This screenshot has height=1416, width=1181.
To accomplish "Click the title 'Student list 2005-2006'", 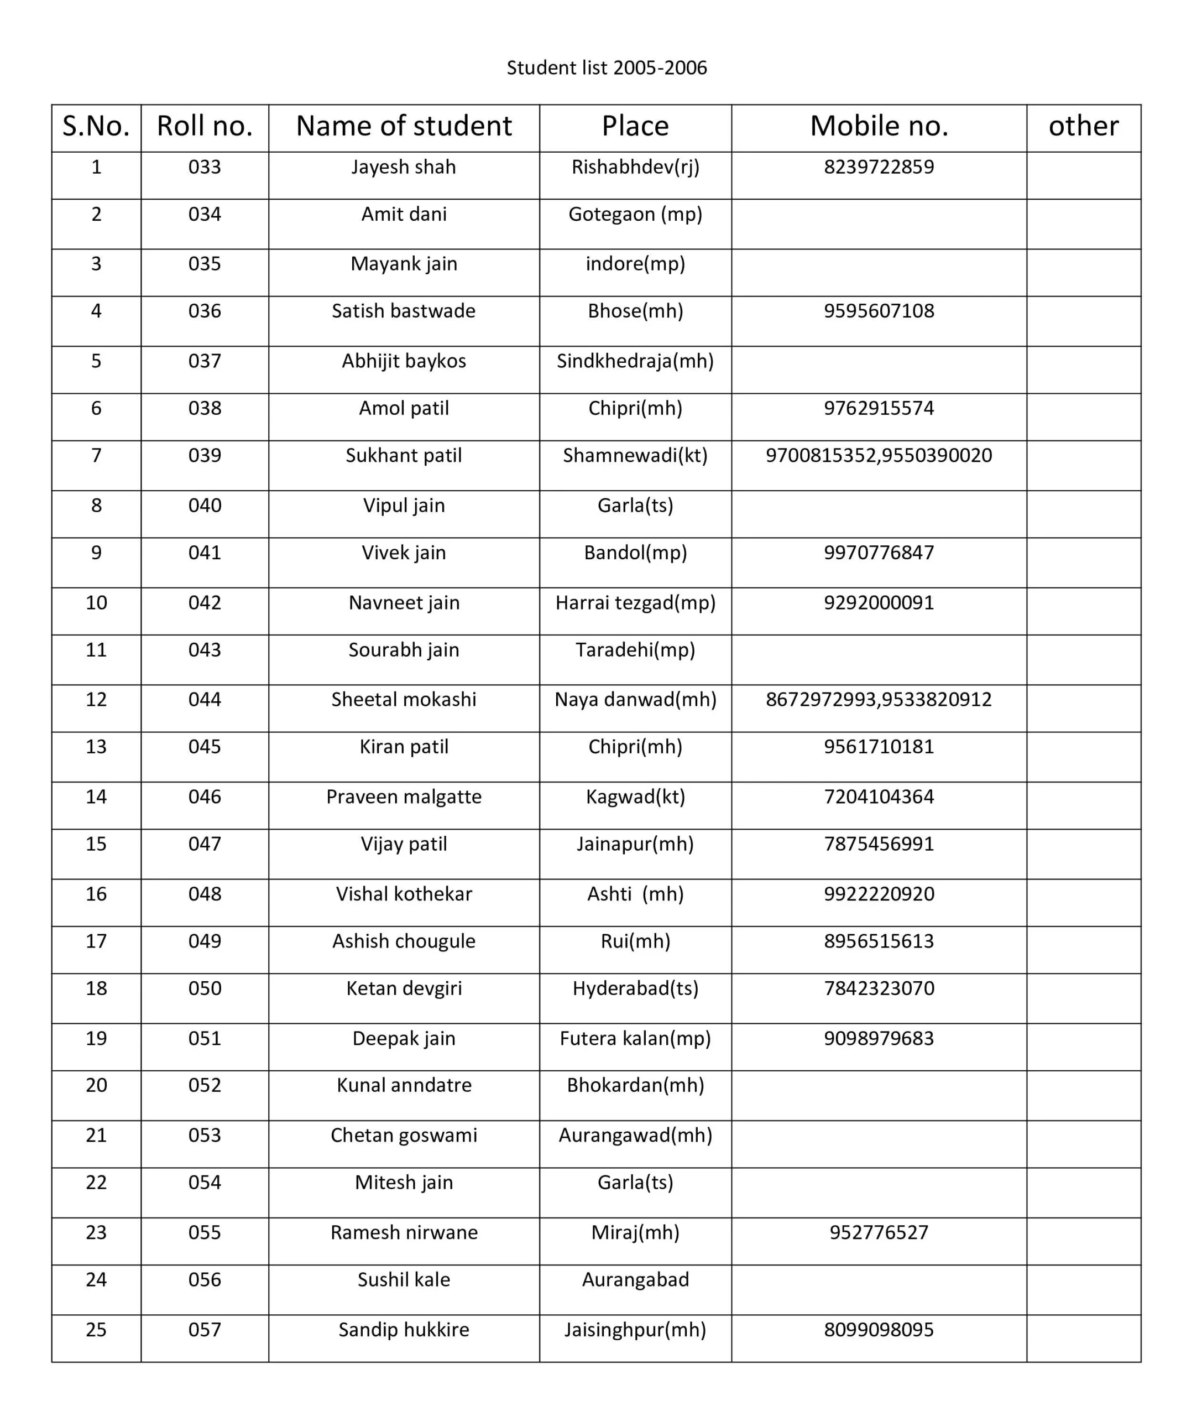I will [606, 68].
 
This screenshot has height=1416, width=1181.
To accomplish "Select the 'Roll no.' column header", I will [204, 126].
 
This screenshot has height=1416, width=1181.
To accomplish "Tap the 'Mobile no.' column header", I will [879, 126].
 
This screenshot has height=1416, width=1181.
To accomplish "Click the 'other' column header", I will [1083, 126].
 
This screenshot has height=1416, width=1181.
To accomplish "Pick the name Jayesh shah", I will [403, 167].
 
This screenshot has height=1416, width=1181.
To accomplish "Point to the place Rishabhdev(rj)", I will [635, 167].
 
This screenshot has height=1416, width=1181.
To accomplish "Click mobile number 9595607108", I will [879, 311].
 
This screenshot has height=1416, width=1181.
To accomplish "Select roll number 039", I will [204, 455].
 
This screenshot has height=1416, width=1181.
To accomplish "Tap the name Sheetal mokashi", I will [403, 699].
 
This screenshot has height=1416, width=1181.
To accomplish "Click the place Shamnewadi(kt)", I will [635, 455].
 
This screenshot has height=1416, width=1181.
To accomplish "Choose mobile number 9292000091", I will [879, 602].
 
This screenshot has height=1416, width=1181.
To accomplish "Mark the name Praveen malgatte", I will [403, 796].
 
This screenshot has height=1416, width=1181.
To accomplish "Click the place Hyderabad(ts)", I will [635, 988].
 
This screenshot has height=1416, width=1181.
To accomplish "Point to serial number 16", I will [96, 893].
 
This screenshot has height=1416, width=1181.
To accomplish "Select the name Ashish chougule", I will [403, 941].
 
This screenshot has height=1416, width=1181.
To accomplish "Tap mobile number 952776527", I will [879, 1232].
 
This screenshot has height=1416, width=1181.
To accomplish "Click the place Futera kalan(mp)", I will [635, 1038].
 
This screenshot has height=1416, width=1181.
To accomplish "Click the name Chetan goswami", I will [403, 1135].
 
